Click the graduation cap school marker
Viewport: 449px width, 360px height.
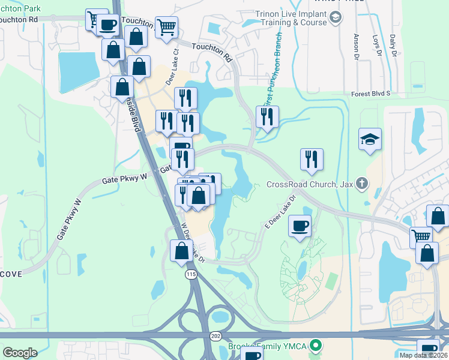coord(370,140)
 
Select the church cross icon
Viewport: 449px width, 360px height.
coord(361,183)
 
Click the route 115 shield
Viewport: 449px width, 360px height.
coord(191,274)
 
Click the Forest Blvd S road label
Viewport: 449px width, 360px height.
coord(370,94)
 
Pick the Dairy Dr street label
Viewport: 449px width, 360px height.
coord(394,45)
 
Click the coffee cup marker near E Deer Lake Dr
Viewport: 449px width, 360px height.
coord(300,227)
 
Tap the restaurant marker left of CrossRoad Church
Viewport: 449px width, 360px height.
coord(312,159)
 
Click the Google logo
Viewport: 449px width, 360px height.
coord(20,353)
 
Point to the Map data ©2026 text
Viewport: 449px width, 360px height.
coord(423,355)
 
